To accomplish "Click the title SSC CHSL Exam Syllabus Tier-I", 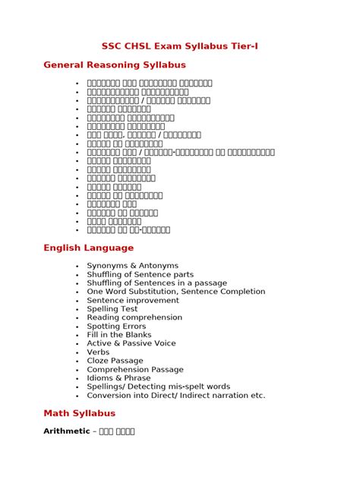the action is coord(180,46).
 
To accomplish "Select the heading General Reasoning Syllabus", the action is coord(115,65).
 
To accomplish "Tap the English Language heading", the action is coord(88,248).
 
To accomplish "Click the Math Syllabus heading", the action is coord(79,413).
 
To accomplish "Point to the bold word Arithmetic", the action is coord(66,431).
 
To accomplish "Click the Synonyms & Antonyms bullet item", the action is coord(132,266).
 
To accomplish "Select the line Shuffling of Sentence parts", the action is coord(140,274).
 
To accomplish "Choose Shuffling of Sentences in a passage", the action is coord(156,283).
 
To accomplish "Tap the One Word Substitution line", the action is coord(175,292).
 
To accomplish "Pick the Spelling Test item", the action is coord(112,309).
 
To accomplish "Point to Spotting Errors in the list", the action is coord(116,327).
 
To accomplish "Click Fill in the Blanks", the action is coord(119,335).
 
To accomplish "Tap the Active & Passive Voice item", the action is coord(131,343).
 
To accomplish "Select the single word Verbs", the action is coord(98,352).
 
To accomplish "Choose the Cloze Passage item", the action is coord(115,361).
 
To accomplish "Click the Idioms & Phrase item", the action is coord(118,378).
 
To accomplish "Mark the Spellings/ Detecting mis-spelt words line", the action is coord(158,387).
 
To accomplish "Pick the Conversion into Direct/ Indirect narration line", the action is coord(175,395).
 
